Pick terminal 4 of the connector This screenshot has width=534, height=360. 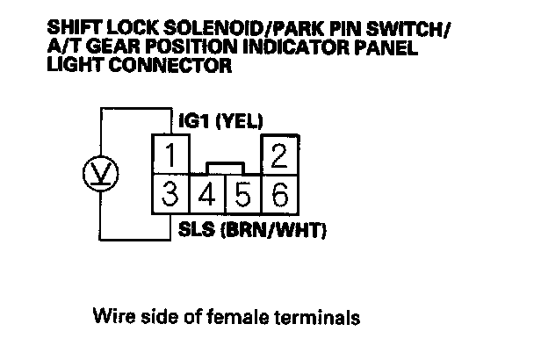click(207, 193)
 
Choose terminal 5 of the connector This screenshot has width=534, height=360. click(243, 193)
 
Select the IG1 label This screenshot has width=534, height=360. click(192, 122)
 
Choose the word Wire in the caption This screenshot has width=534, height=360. click(112, 315)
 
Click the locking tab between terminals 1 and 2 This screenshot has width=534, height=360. click(224, 167)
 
